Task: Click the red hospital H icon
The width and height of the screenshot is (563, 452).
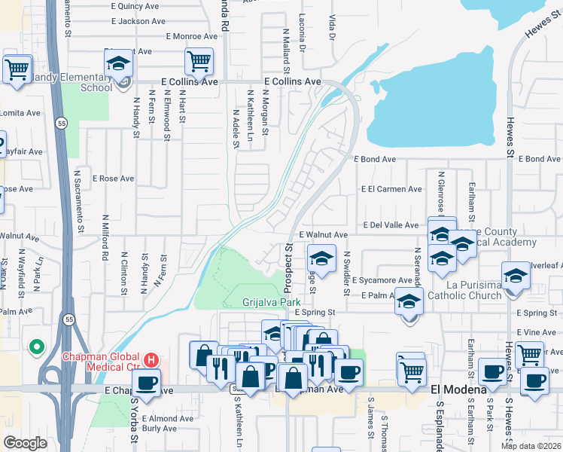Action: point(151,361)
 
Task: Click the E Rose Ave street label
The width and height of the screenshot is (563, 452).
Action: point(113,179)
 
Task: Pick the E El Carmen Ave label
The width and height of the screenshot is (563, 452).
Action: point(391,189)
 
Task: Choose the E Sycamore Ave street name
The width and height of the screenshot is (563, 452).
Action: point(382,280)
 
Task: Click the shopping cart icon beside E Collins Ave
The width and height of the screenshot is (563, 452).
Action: point(199,62)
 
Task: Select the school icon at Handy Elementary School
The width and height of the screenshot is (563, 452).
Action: point(118,63)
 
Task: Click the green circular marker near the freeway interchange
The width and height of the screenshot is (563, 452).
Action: point(35,347)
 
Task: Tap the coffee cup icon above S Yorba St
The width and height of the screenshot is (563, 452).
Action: point(146,382)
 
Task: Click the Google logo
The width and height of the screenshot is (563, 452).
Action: point(25,443)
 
